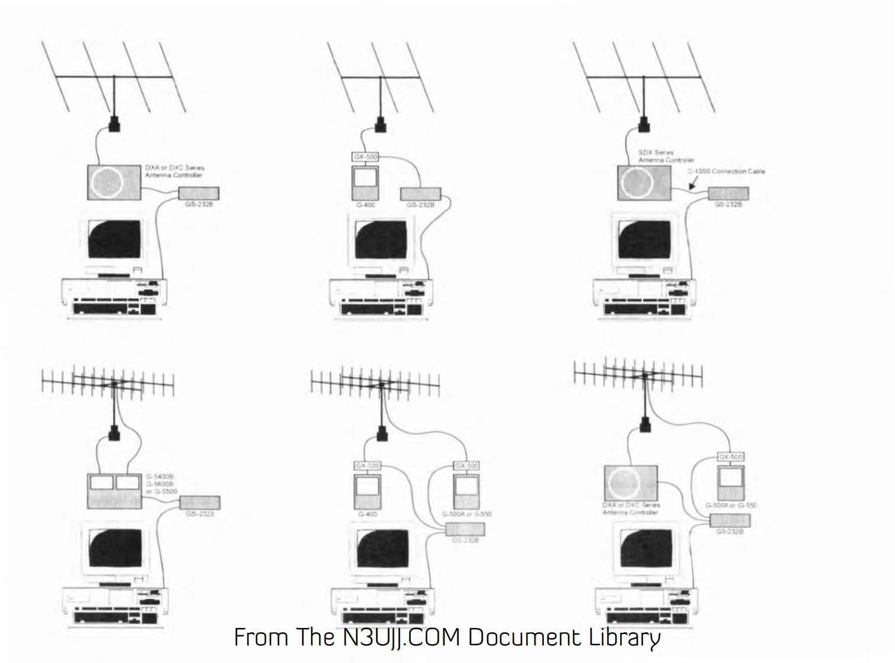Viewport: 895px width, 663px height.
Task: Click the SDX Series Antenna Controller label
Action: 666,156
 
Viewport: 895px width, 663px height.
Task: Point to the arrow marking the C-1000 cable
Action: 693,186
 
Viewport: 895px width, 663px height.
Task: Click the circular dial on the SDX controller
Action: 637,182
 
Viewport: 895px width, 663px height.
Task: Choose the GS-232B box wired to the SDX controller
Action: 728,193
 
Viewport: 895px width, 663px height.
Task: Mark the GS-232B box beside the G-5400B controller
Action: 200,503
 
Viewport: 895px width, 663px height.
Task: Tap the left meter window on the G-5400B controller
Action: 102,483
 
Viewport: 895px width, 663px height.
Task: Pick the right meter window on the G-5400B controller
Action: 128,483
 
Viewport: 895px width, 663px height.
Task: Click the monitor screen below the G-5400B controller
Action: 115,548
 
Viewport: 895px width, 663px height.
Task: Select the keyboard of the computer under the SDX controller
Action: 641,308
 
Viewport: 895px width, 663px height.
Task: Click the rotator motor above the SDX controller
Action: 644,125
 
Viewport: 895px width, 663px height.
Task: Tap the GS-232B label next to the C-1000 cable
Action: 728,204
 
